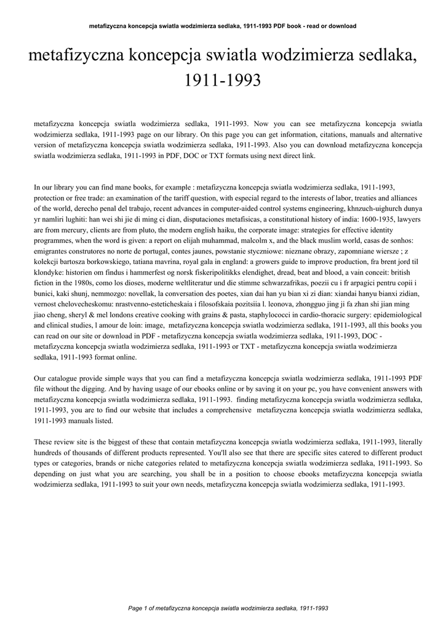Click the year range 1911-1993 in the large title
[x=223, y=80]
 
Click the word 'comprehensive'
[x=222, y=410]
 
